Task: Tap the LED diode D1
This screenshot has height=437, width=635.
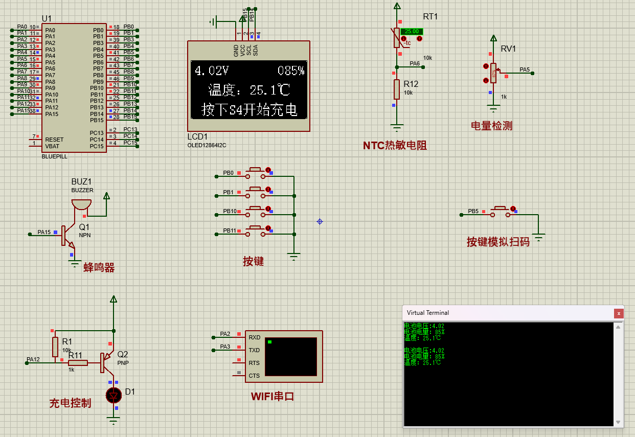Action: point(114,395)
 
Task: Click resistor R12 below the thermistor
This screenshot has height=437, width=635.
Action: point(396,89)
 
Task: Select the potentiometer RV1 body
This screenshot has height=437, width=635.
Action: point(493,73)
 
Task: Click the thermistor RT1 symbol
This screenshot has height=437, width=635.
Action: point(397,38)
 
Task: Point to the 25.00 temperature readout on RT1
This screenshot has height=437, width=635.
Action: point(412,31)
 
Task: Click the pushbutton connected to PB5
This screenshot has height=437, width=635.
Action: point(501,212)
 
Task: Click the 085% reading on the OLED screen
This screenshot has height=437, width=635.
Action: point(291,71)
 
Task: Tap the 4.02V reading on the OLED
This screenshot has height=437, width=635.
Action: point(212,71)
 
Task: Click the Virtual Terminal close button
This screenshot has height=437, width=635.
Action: point(619,313)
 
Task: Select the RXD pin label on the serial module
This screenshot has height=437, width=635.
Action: point(254,337)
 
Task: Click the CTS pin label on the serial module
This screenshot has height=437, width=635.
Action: point(254,376)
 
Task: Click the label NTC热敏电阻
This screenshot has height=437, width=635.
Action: point(395,146)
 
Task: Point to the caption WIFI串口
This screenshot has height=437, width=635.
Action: point(273,397)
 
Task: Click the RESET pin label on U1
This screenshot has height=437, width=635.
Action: point(54,140)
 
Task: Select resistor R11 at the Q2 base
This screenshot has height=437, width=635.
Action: point(78,363)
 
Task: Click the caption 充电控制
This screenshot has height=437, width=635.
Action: point(70,403)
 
